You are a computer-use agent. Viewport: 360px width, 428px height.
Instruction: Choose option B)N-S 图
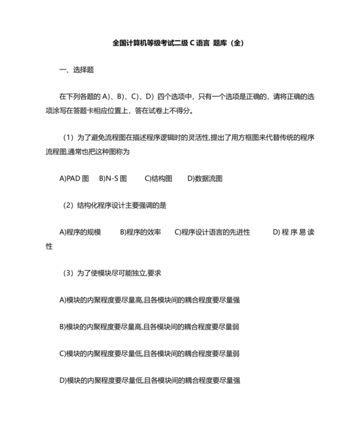[113, 178]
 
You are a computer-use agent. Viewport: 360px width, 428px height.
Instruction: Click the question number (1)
[69, 138]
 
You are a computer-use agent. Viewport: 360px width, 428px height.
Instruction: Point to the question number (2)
[69, 205]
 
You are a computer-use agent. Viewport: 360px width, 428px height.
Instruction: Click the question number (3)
[69, 273]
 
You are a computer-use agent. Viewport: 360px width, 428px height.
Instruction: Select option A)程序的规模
[80, 232]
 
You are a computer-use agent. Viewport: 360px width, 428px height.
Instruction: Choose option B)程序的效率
[140, 232]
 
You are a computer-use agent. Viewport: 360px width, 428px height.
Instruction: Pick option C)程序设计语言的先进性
[212, 232]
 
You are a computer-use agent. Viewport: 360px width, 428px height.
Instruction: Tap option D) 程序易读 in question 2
[293, 232]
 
